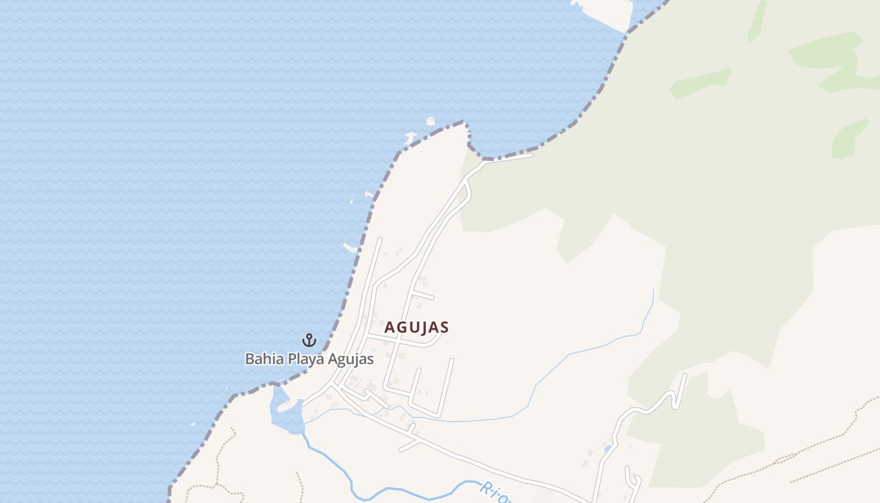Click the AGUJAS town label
[x=416, y=328]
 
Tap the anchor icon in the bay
[x=309, y=340]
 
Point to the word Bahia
[x=263, y=360]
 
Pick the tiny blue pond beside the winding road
[x=607, y=448]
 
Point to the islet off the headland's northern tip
[x=431, y=121]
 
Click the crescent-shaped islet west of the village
[x=349, y=247]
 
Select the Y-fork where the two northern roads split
[x=466, y=182]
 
